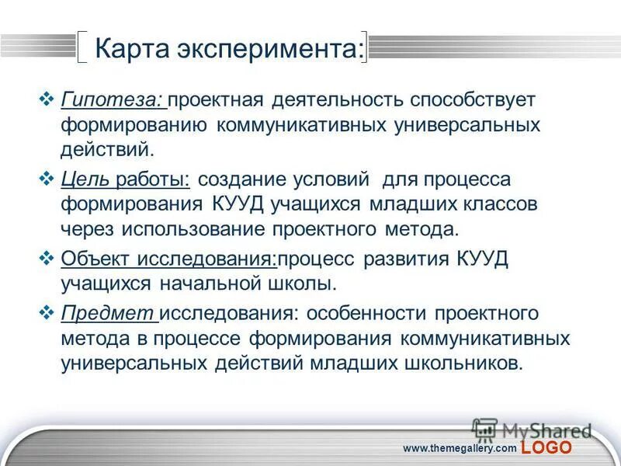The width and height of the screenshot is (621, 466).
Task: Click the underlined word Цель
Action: coord(86,180)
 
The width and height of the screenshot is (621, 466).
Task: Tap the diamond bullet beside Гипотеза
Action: coord(45,99)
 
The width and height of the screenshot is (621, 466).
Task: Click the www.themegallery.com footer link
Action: coord(460,448)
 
